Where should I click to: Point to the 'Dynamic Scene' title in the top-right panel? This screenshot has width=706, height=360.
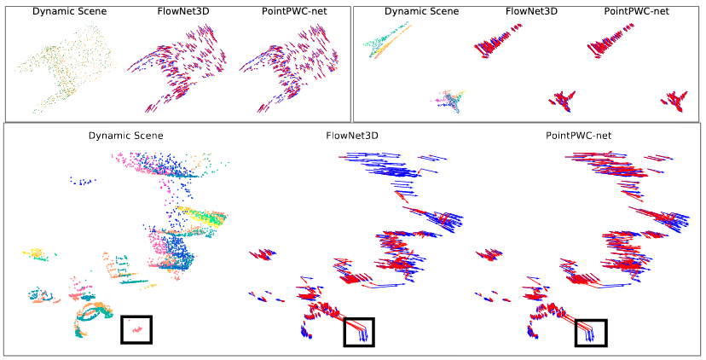click(x=420, y=12)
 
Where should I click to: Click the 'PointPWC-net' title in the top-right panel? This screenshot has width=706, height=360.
click(x=626, y=12)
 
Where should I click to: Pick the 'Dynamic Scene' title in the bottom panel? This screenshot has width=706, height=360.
click(x=125, y=135)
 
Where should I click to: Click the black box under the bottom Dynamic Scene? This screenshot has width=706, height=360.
click(x=136, y=329)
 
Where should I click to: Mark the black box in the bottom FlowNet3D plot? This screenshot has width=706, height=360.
click(x=359, y=332)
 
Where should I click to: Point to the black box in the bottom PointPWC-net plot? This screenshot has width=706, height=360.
click(x=591, y=332)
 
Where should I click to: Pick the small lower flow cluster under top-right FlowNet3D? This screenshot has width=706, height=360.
click(x=562, y=100)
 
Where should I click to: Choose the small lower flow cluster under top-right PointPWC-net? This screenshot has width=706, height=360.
click(x=675, y=100)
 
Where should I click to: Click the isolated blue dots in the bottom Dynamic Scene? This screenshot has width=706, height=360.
click(x=82, y=181)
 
